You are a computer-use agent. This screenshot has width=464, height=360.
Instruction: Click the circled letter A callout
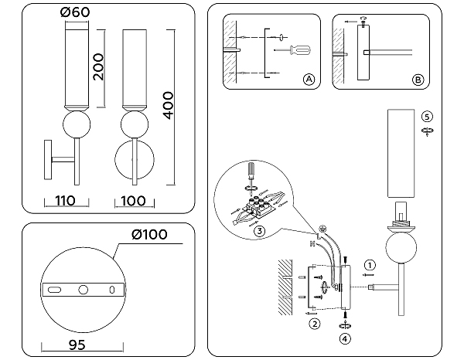(308, 80)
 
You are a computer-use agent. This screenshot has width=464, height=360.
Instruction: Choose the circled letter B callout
(418, 80)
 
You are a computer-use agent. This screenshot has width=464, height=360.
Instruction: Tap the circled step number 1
(370, 264)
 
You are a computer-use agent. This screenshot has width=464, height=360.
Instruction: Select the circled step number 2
(315, 324)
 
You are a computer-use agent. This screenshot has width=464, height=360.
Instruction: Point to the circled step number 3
(261, 230)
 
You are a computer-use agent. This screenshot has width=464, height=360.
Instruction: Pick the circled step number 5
(427, 116)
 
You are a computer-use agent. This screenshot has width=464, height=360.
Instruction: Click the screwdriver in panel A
(299, 52)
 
